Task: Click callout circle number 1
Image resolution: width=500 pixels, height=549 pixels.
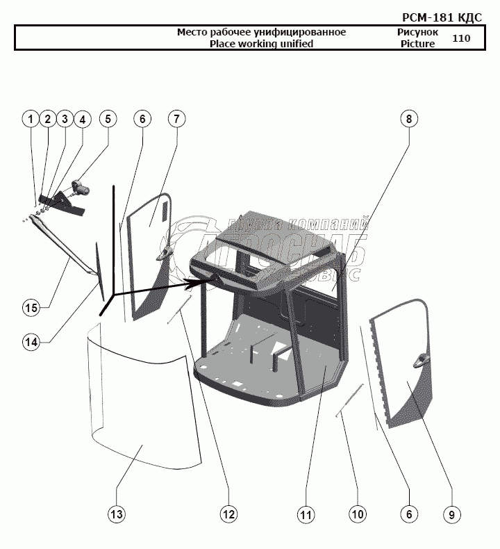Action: (30, 119)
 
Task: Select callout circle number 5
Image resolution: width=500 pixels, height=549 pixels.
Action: (108, 119)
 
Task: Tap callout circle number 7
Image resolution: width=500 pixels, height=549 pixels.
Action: (176, 119)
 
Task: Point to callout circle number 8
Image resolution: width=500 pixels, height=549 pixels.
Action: (409, 119)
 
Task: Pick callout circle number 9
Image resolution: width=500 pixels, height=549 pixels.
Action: (451, 514)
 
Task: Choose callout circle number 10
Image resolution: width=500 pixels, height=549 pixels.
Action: (357, 514)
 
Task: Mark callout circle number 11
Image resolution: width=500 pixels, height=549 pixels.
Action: (306, 514)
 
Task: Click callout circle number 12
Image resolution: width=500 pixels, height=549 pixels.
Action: (228, 514)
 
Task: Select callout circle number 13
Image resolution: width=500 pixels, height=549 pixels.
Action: (116, 514)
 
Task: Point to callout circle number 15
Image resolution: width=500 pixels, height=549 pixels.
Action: (30, 307)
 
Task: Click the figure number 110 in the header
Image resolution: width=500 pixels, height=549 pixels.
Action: (461, 38)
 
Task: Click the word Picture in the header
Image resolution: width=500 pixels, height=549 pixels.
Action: (417, 44)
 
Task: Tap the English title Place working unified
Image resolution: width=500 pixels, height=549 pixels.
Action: (261, 44)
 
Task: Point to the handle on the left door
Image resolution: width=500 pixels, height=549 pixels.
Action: (167, 252)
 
